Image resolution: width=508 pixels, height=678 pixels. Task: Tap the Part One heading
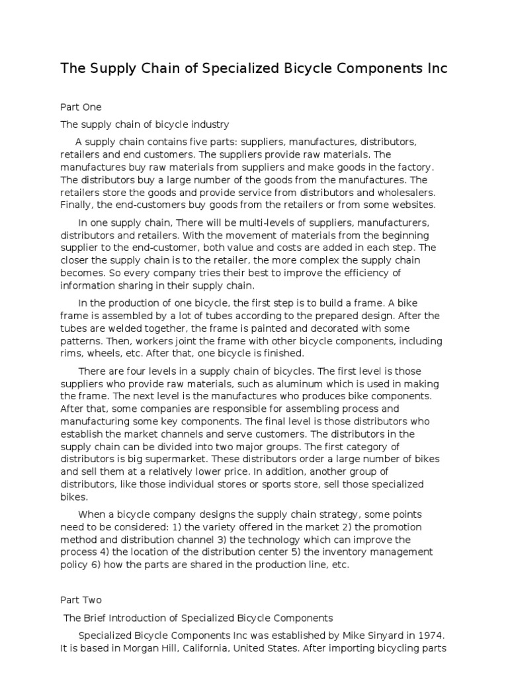[81, 107]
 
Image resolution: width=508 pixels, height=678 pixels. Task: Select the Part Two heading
[81, 601]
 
